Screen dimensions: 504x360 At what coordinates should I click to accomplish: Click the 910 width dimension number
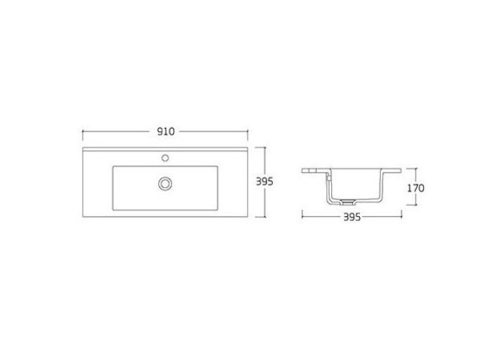[166, 132]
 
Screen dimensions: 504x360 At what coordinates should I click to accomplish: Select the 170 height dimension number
[415, 188]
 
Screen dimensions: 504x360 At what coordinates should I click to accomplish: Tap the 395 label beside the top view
[264, 181]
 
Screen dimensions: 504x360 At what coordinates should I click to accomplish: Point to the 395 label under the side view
[352, 217]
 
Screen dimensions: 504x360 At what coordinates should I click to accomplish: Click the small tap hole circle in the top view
[165, 158]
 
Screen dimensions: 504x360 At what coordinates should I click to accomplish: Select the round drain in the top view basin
[165, 184]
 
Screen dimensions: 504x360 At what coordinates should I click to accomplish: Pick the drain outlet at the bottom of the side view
[346, 202]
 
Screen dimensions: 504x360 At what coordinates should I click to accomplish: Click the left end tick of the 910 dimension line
[83, 132]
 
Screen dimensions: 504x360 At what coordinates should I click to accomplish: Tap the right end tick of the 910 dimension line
[248, 132]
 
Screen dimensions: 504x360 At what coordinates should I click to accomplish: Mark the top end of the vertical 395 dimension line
[264, 147]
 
